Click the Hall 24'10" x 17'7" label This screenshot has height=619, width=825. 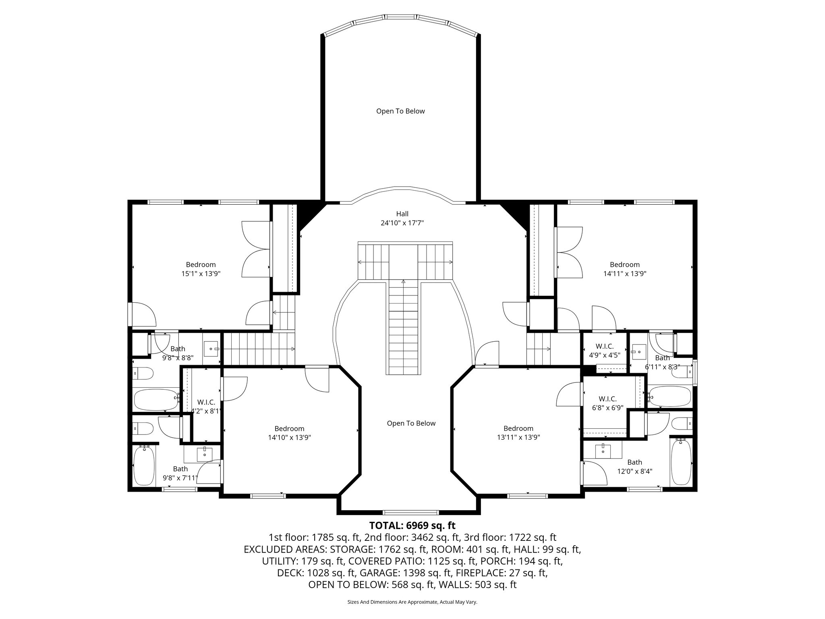click(x=402, y=218)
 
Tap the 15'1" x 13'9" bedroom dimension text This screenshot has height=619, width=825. click(x=201, y=274)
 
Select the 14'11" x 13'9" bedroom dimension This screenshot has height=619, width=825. click(x=624, y=274)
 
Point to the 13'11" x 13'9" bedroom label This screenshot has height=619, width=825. click(x=518, y=437)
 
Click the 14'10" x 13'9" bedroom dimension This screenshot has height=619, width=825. click(x=289, y=437)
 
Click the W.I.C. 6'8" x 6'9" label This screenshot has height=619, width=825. click(x=607, y=403)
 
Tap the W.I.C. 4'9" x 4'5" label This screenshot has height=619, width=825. click(x=604, y=351)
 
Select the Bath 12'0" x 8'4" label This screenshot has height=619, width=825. click(x=634, y=467)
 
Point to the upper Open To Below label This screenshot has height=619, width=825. click(x=400, y=111)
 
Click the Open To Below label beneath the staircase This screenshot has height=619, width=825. click(x=411, y=423)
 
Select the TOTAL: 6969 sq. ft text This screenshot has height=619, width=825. click(x=412, y=526)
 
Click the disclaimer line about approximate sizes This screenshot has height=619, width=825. click(x=412, y=602)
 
